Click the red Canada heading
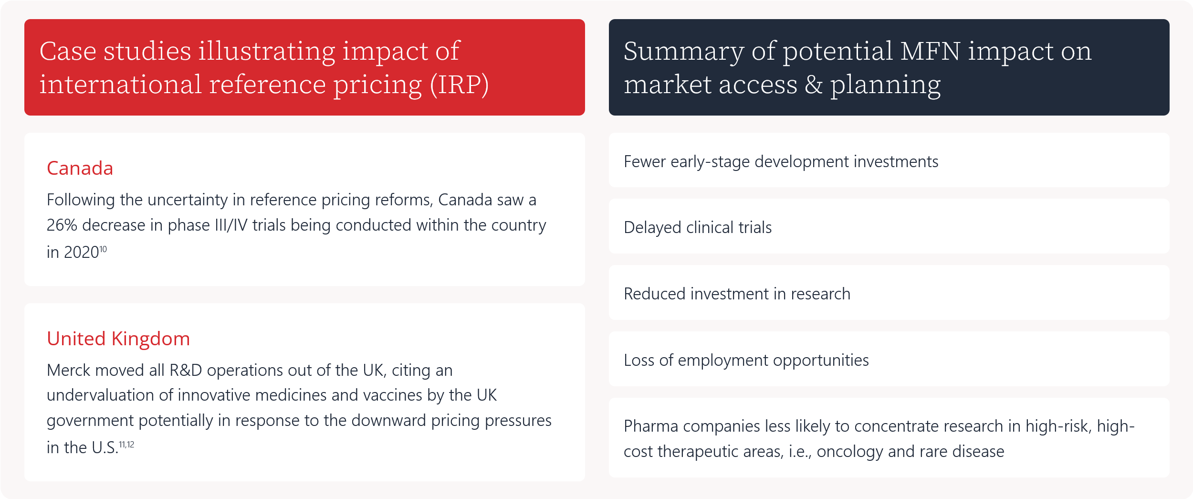pos(80,169)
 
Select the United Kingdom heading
pos(118,339)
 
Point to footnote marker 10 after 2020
pos(103,249)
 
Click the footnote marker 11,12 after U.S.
pos(126,445)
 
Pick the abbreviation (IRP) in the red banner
pos(459,85)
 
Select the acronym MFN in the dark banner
pos(930,51)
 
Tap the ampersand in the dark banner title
pos(814,85)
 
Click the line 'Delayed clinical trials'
pos(698,228)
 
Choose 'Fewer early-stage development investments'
pos(781,162)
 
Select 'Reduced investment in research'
pos(737,294)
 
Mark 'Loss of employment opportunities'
pos(746,361)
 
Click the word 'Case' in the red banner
pos(68,51)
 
